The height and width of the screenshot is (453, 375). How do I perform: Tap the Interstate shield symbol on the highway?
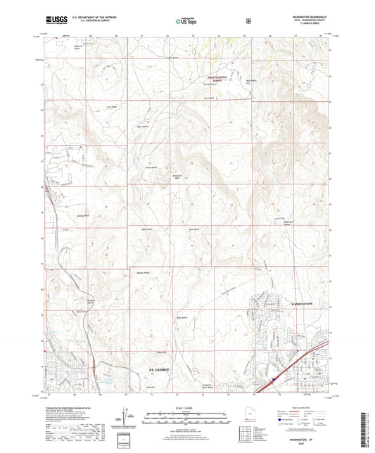tap(270, 381)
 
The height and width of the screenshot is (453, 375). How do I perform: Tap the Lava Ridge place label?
tap(110, 106)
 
